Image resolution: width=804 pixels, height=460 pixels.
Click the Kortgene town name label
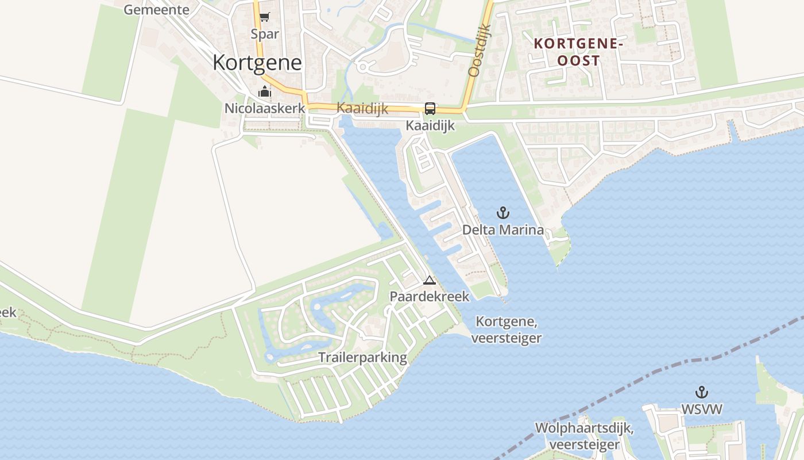pyautogui.click(x=257, y=62)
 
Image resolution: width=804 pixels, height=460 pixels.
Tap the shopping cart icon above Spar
pyautogui.click(x=264, y=17)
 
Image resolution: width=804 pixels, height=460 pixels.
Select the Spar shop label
pyautogui.click(x=265, y=34)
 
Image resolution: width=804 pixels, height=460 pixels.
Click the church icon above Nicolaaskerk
pyautogui.click(x=265, y=91)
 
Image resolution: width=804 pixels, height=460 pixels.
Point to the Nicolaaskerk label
pyautogui.click(x=265, y=108)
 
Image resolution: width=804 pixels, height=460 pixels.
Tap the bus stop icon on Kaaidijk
pyautogui.click(x=430, y=109)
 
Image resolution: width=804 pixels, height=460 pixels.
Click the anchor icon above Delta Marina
pyautogui.click(x=503, y=213)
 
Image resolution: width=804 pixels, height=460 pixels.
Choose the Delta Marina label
pyautogui.click(x=503, y=230)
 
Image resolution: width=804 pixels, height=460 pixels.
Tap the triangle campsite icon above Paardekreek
pyautogui.click(x=430, y=281)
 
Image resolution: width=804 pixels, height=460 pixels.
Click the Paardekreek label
pyautogui.click(x=430, y=297)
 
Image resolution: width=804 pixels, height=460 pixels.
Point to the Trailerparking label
pyautogui.click(x=363, y=358)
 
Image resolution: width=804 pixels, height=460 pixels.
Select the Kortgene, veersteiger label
pyautogui.click(x=507, y=329)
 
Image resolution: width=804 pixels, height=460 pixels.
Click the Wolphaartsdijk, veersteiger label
pyautogui.click(x=585, y=436)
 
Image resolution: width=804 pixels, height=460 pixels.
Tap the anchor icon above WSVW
pyautogui.click(x=701, y=393)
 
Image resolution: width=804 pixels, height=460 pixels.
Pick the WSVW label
pyautogui.click(x=701, y=409)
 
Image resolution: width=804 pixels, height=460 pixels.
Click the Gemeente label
pyautogui.click(x=156, y=9)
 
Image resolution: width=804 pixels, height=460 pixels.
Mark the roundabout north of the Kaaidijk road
pyautogui.click(x=362, y=67)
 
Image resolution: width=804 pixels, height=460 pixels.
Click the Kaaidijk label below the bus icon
pyautogui.click(x=430, y=125)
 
